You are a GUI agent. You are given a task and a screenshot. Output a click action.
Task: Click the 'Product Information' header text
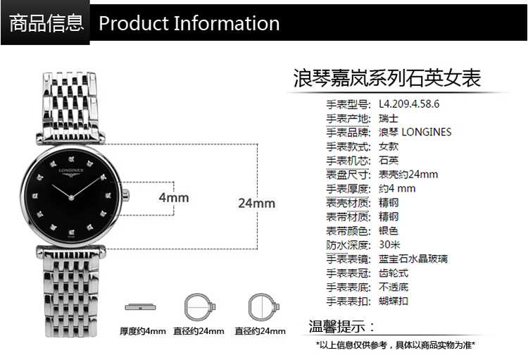(x=189, y=23)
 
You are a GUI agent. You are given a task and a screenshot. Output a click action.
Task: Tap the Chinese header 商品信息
(x=46, y=23)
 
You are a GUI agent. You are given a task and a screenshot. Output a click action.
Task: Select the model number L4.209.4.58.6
(x=409, y=104)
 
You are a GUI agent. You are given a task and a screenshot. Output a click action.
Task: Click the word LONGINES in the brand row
(x=427, y=132)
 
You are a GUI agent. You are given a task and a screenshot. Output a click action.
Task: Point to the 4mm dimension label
(x=174, y=197)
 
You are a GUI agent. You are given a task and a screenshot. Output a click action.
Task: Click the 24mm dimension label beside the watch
(x=256, y=203)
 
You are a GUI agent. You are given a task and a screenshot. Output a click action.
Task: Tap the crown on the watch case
(x=125, y=195)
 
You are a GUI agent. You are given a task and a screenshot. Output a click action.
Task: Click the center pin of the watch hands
(x=71, y=197)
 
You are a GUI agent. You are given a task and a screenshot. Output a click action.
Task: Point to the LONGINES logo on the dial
(x=71, y=172)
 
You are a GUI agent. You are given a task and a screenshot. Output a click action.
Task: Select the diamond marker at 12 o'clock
(x=71, y=159)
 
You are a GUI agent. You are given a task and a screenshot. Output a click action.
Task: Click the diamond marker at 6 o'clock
(x=71, y=232)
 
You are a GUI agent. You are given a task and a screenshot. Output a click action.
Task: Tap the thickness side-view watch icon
(x=140, y=307)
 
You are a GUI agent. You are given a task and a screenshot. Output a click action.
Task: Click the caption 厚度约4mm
(x=143, y=331)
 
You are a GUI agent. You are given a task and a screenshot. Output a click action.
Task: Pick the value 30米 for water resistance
(x=389, y=244)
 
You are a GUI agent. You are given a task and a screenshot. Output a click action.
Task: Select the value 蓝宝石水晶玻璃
(x=413, y=259)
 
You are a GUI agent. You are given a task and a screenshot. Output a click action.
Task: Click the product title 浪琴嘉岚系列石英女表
(x=386, y=78)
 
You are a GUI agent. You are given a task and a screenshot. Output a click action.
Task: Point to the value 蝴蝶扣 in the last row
(x=394, y=301)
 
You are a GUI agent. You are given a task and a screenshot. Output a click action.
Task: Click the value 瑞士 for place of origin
(x=389, y=118)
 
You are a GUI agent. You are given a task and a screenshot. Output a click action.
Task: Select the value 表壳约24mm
(x=408, y=174)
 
